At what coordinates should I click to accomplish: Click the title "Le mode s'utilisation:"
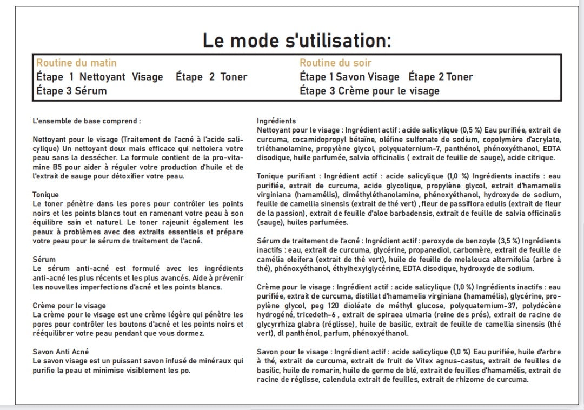[x=296, y=41]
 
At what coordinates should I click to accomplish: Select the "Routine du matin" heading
[x=76, y=63]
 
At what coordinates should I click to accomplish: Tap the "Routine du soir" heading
[x=335, y=63]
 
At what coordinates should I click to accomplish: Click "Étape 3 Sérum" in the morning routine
[x=71, y=91]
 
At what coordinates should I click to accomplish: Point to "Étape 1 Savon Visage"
[x=349, y=77]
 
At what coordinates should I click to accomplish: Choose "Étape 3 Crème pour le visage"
[x=369, y=91]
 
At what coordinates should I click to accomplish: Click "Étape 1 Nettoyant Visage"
[x=99, y=77]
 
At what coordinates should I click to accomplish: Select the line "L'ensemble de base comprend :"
[x=87, y=121]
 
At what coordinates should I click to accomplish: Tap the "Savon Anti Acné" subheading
[x=61, y=352]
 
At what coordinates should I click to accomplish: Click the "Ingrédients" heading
[x=276, y=121]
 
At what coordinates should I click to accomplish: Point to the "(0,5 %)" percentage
[x=471, y=130]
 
